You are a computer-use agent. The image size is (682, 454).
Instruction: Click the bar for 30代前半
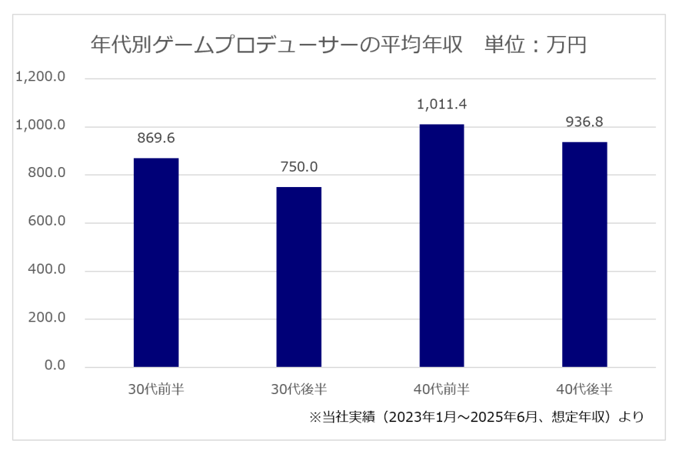click(x=156, y=262)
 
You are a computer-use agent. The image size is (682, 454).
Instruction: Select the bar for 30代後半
click(x=298, y=277)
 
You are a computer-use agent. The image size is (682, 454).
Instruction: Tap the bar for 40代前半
click(x=441, y=246)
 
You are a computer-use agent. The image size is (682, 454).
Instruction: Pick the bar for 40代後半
click(x=584, y=254)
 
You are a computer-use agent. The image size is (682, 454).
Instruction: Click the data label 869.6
click(x=156, y=138)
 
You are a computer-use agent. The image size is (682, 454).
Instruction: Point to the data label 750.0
click(x=298, y=167)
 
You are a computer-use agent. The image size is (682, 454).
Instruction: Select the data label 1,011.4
click(x=441, y=105)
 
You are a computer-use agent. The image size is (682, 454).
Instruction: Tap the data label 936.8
click(x=584, y=122)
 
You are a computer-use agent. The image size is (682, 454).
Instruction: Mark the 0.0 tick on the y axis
click(x=54, y=366)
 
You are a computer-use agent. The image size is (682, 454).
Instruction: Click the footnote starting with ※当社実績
click(x=476, y=417)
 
